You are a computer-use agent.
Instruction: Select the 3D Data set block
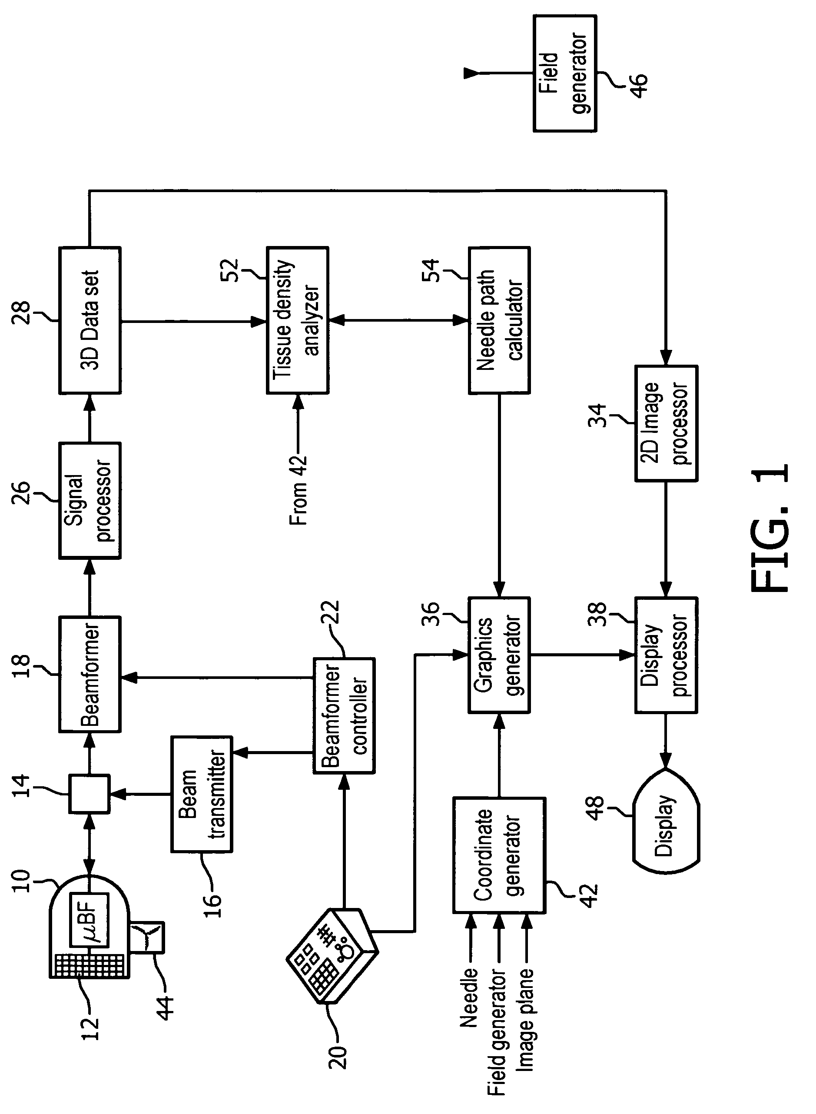[90, 320]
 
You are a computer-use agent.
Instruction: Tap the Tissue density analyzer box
[297, 320]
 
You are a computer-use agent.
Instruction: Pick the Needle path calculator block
[499, 320]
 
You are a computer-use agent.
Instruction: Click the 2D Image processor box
[666, 423]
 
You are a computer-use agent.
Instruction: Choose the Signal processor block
[90, 500]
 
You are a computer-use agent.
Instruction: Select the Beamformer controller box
[344, 715]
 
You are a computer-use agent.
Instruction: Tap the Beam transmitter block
[202, 794]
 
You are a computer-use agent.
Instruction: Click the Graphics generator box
[499, 655]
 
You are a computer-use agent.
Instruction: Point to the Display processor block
[666, 655]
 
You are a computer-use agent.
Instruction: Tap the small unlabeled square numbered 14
[89, 794]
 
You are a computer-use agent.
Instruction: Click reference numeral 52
[230, 270]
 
